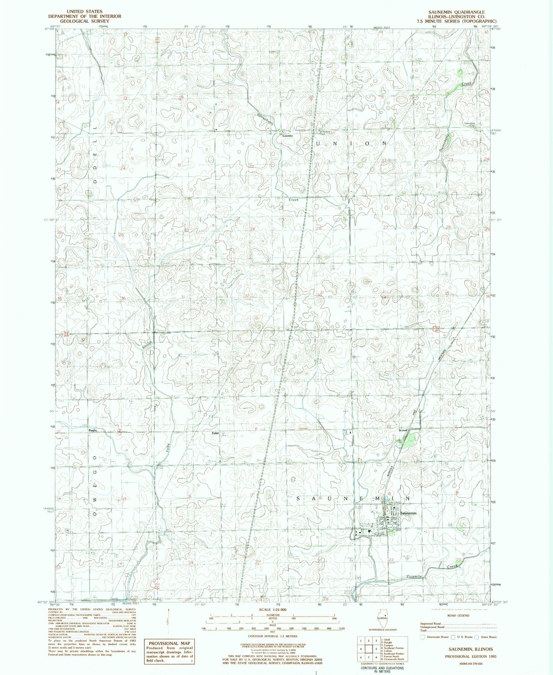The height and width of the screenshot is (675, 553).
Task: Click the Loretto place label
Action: pyautogui.click(x=287, y=136)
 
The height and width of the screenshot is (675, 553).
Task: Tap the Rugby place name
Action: pyautogui.click(x=93, y=430)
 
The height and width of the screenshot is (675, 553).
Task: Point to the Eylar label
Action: pyautogui.click(x=215, y=433)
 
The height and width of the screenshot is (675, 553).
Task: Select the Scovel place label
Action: pyautogui.click(x=403, y=430)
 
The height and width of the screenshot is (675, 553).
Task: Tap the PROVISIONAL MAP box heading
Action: pyautogui.click(x=169, y=643)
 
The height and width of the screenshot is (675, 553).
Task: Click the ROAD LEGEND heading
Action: pyautogui.click(x=458, y=616)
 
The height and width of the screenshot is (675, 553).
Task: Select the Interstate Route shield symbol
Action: pyautogui.click(x=422, y=637)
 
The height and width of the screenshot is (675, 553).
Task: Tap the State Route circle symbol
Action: pyautogui.click(x=477, y=637)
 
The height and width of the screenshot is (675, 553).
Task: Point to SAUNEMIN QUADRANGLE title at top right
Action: pyautogui.click(x=462, y=12)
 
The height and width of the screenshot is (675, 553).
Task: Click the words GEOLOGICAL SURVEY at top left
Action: pyautogui.click(x=85, y=21)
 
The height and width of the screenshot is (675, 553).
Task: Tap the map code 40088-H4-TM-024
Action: pyautogui.click(x=465, y=664)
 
